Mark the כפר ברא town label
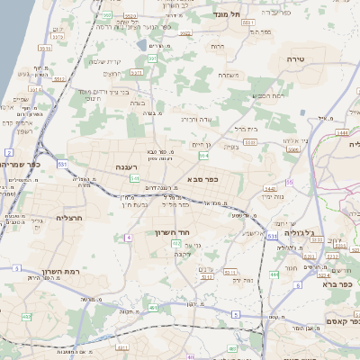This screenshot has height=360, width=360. [x=338, y=283]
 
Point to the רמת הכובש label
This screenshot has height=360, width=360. [x=267, y=95]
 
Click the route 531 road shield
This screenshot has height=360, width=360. [x=272, y=236]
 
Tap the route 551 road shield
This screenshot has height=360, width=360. [x=62, y=166]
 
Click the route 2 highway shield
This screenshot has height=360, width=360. [x=9, y=154]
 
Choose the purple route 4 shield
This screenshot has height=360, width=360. [x=129, y=237]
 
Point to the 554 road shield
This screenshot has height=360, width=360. [x=203, y=157]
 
